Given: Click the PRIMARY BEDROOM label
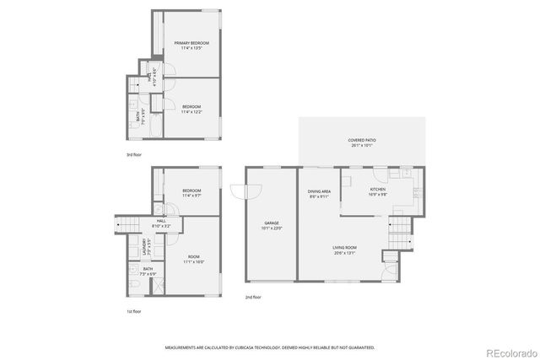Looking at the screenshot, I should (x=192, y=42).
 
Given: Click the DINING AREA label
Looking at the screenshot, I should (x=319, y=191).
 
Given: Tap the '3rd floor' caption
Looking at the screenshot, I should (x=134, y=155).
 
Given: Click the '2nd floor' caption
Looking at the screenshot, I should (x=252, y=297).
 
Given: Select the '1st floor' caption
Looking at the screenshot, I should (x=134, y=311).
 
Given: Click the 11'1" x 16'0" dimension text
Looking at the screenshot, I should (x=194, y=261).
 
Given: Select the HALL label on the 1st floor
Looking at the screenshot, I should (x=160, y=221).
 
